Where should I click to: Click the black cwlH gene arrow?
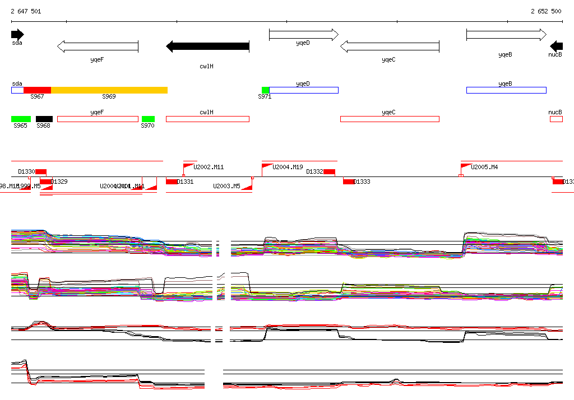tap(207, 46)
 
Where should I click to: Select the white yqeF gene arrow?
tap(98, 46)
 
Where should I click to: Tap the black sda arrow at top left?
tap(17, 35)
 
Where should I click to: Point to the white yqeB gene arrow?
tap(506, 35)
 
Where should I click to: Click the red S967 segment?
tap(37, 90)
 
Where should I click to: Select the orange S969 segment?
tap(109, 90)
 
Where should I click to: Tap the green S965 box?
tap(21, 119)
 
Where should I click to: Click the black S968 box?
tap(44, 119)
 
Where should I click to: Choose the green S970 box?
tap(148, 119)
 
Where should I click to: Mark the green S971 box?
tap(265, 90)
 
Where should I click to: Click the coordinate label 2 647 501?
tap(26, 11)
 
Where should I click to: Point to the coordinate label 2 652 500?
tap(546, 11)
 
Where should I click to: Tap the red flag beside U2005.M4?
tap(465, 166)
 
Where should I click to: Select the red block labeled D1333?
tap(349, 182)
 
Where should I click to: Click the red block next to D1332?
tap(329, 172)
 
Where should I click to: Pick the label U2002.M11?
tap(209, 167)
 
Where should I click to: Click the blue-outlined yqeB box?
tap(506, 90)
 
